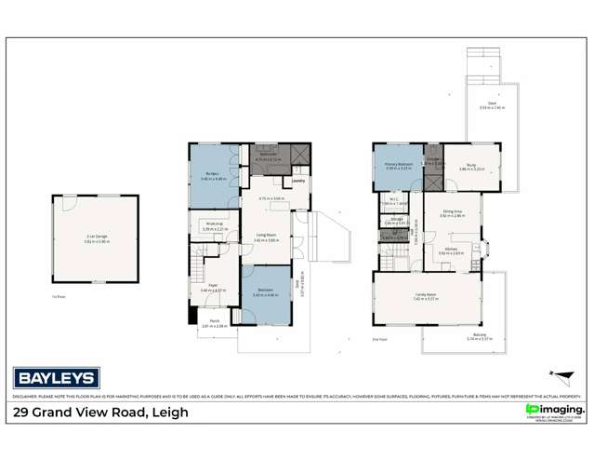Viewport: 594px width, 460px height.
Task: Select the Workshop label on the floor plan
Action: click(214, 226)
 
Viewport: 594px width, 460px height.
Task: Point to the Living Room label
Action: click(268, 238)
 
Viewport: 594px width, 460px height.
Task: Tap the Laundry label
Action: click(299, 183)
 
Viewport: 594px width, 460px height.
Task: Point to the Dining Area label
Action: click(452, 213)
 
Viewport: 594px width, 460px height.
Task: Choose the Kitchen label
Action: click(453, 249)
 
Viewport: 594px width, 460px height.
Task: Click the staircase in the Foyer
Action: click(199, 266)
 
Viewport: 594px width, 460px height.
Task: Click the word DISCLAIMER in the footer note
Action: click(28, 354)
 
